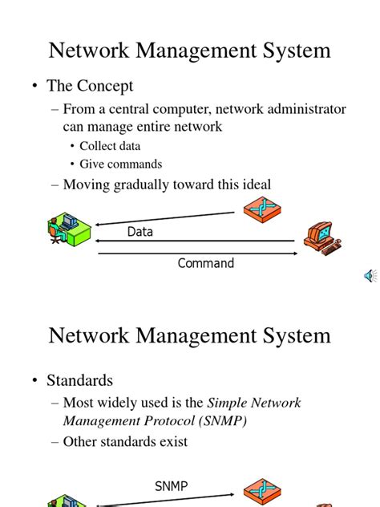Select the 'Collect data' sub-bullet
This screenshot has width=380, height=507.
pyautogui.click(x=110, y=146)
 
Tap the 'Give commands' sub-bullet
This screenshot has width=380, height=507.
pyautogui.click(x=120, y=164)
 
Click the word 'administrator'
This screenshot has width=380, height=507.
pyautogui.click(x=297, y=109)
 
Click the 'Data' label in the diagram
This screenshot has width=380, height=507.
pyautogui.click(x=139, y=232)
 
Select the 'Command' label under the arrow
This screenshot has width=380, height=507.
pyautogui.click(x=205, y=263)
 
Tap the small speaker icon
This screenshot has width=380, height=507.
pyautogui.click(x=370, y=276)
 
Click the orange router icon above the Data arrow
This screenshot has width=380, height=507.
pyautogui.click(x=262, y=209)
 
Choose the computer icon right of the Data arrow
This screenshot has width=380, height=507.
pyautogui.click(x=322, y=238)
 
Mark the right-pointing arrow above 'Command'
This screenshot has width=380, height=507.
pyautogui.click(x=196, y=253)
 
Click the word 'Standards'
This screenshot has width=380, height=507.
pyautogui.click(x=79, y=380)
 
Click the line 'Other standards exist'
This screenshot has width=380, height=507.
pyautogui.click(x=125, y=441)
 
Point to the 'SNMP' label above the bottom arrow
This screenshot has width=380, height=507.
pyautogui.click(x=172, y=486)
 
